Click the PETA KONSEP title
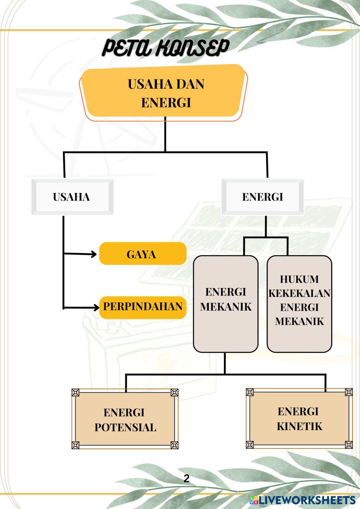pos(166,48)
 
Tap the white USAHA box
pos(72,197)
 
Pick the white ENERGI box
pos(262,197)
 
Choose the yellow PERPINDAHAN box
pos(143,307)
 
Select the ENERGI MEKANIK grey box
pos(226,304)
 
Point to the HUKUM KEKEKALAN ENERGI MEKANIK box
pos(299,304)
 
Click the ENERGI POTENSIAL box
pos(125,419)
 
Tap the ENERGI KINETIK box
pos(299,418)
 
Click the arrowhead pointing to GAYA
pos(94,254)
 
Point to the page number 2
pos(186,479)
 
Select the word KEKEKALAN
pos(299,293)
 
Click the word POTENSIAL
pos(125,427)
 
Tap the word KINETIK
pos(300,426)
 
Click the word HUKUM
pos(299,279)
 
